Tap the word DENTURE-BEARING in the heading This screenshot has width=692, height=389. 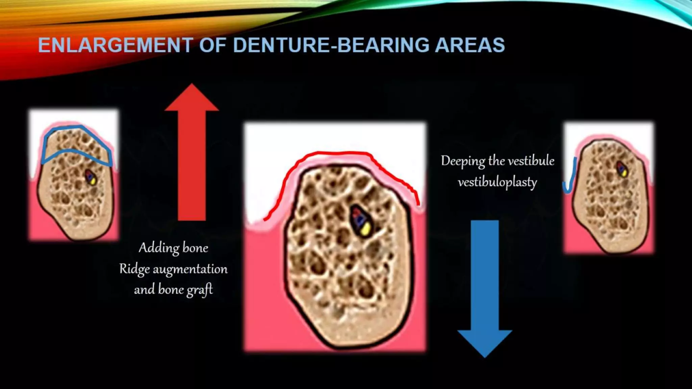click(330, 45)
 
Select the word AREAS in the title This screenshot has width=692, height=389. click(470, 45)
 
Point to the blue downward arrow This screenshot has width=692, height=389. click(485, 287)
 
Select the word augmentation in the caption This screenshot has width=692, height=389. click(190, 269)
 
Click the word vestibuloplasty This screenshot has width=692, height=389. click(497, 182)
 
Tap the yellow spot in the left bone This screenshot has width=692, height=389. click(93, 181)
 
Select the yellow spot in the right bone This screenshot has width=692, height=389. click(624, 173)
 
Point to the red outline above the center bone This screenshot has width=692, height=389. click(338, 153)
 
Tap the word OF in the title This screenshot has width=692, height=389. click(213, 45)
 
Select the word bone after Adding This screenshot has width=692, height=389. click(195, 248)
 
